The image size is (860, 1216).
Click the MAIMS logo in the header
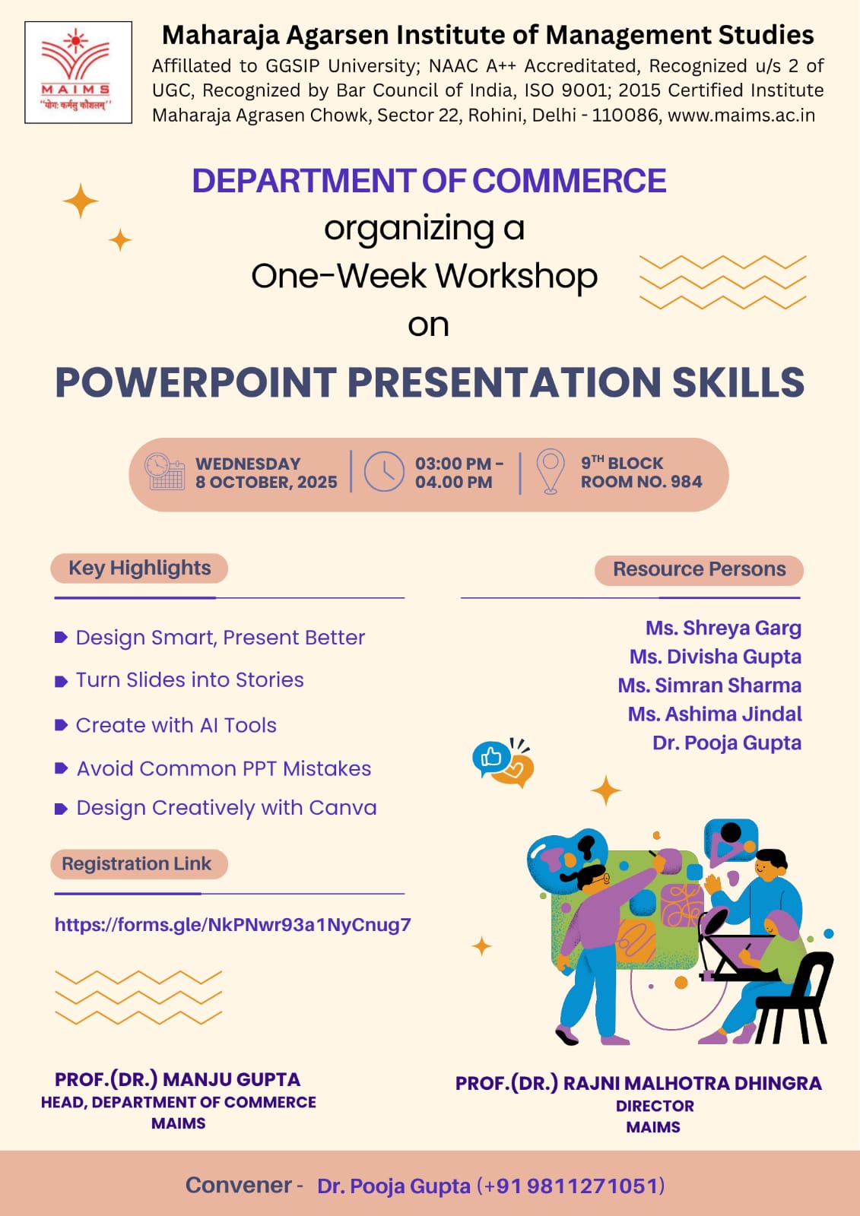(x=78, y=72)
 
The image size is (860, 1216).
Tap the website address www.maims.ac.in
(x=741, y=115)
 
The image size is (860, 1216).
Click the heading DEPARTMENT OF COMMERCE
(x=429, y=181)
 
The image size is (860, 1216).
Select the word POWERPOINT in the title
(x=196, y=382)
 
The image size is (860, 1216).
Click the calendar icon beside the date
(x=164, y=471)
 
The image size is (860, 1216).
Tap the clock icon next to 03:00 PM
(x=383, y=471)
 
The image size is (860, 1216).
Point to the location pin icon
(x=551, y=471)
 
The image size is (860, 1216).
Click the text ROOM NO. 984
(x=642, y=482)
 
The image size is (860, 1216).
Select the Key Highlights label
(x=140, y=568)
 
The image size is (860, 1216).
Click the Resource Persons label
(x=700, y=569)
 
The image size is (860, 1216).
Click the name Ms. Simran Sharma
(x=709, y=685)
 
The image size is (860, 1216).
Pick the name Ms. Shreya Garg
(x=724, y=628)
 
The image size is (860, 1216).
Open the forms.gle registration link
(x=233, y=924)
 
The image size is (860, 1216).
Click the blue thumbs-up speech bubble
(x=490, y=757)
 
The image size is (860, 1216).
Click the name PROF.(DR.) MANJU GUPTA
(x=178, y=1079)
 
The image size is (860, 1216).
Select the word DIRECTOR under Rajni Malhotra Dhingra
(x=655, y=1106)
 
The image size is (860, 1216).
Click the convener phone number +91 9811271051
(x=570, y=1186)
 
